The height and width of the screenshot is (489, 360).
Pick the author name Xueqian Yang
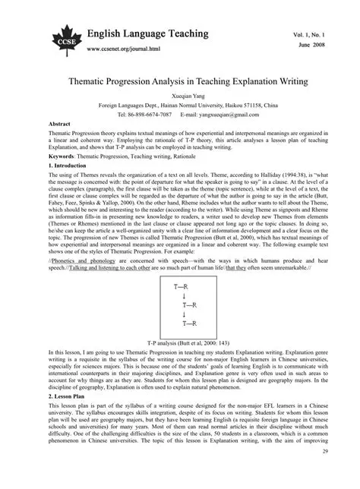179,97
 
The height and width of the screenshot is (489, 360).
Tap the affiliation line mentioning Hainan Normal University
179,105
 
